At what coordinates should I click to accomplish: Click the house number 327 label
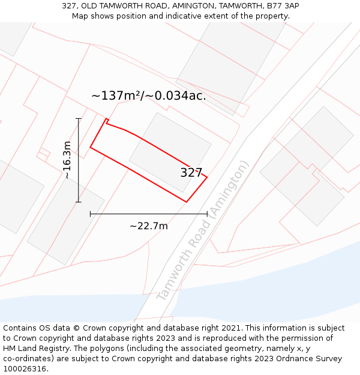coord(191,173)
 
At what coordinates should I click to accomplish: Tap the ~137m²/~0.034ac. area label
coord(149,95)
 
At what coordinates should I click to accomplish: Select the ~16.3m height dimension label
coord(67,160)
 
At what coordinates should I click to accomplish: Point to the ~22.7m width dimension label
coord(149,226)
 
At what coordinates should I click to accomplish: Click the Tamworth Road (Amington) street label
coord(203,230)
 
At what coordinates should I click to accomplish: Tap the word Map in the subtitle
coord(80,16)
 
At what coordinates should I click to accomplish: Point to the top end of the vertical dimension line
coord(78,119)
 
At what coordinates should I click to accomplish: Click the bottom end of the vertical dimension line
coord(78,202)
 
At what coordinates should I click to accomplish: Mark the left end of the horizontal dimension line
coord(91,214)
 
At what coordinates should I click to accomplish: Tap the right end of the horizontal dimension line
coord(207,214)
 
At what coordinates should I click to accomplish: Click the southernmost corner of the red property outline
coord(187,202)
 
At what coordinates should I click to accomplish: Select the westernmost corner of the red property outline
coord(91,147)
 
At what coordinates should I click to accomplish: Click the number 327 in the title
coord(69,6)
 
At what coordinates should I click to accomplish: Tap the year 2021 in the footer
coord(230,328)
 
